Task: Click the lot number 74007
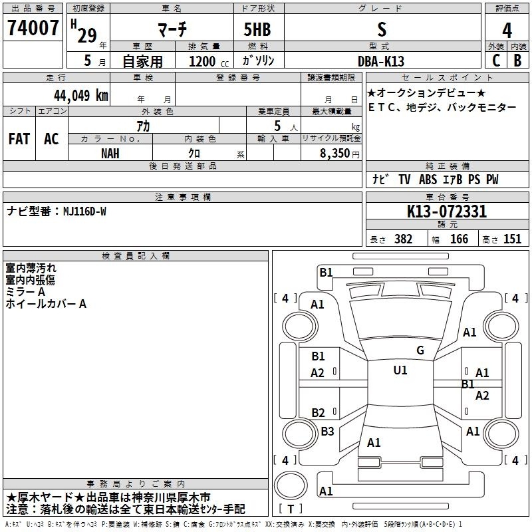pos(33,28)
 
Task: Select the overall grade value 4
pos(507,31)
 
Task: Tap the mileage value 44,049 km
pos(81,96)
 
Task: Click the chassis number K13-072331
pos(447,211)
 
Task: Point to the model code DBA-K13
pos(381,61)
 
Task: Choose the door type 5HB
pos(257,29)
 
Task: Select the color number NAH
pos(110,154)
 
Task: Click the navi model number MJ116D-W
pos(85,211)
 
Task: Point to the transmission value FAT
pos(19,139)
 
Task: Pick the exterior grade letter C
pos(496,61)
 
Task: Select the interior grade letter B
pos(517,61)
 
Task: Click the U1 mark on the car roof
pos(400,370)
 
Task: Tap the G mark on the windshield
pos(420,350)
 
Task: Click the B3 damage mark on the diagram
pos(327,431)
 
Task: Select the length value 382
pos(404,239)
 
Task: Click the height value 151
pos(512,239)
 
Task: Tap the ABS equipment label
pos(428,180)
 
